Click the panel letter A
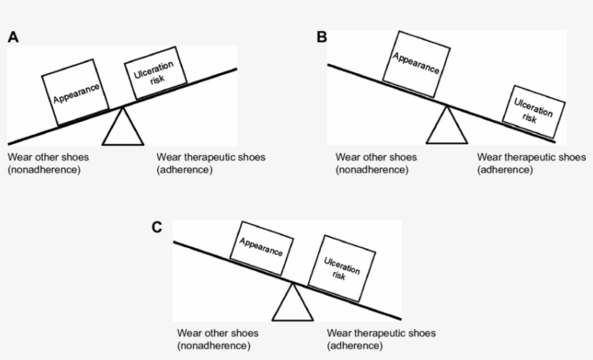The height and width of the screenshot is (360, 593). pyautogui.click(x=13, y=38)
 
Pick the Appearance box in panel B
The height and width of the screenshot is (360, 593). pyautogui.click(x=416, y=64)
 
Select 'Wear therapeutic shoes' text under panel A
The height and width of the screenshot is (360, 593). pyautogui.click(x=210, y=157)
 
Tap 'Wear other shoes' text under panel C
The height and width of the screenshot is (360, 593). pyautogui.click(x=218, y=333)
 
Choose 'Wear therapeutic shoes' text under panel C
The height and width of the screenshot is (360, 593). pyautogui.click(x=381, y=333)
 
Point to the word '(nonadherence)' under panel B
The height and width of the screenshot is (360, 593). pyautogui.click(x=372, y=170)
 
